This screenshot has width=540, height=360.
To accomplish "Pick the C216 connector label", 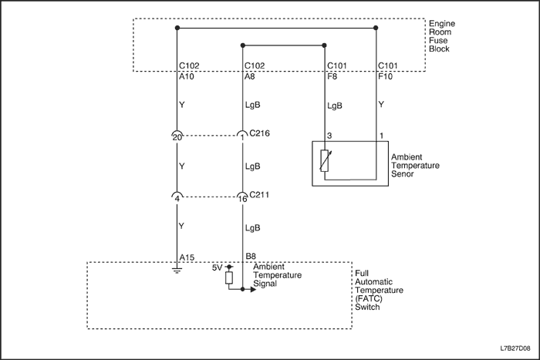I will (x=260, y=133).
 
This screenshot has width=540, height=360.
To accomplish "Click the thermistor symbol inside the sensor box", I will (x=325, y=161).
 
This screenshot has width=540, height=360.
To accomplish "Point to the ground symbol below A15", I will (x=177, y=270).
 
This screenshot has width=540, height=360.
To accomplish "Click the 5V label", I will (x=217, y=267).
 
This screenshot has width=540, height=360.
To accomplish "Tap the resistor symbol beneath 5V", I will (x=229, y=278).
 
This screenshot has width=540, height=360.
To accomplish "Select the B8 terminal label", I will (x=250, y=256).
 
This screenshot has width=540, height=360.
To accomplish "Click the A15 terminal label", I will (x=186, y=256).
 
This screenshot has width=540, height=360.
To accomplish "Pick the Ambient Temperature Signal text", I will (x=278, y=275).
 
